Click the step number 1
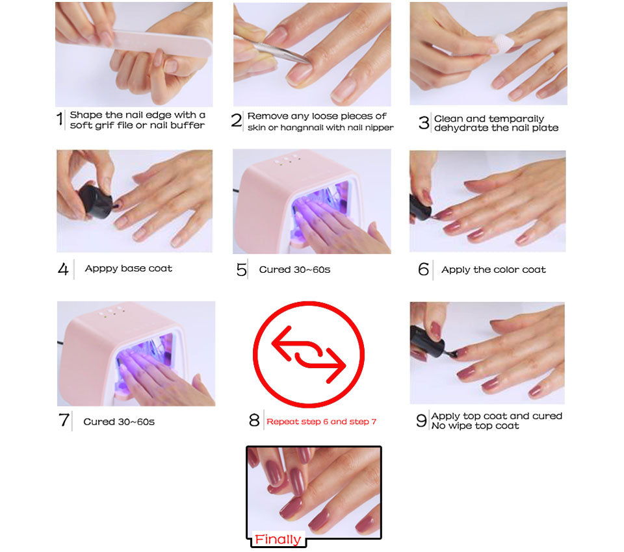point(60,119)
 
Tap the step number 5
point(241,270)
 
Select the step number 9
point(421,420)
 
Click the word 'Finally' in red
point(278,539)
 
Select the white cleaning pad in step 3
point(502,43)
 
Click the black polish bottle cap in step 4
point(96,201)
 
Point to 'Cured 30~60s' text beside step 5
point(294,270)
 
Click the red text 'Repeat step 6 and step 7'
point(321,421)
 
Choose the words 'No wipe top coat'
point(475,426)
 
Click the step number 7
point(64,420)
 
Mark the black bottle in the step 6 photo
point(420,207)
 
